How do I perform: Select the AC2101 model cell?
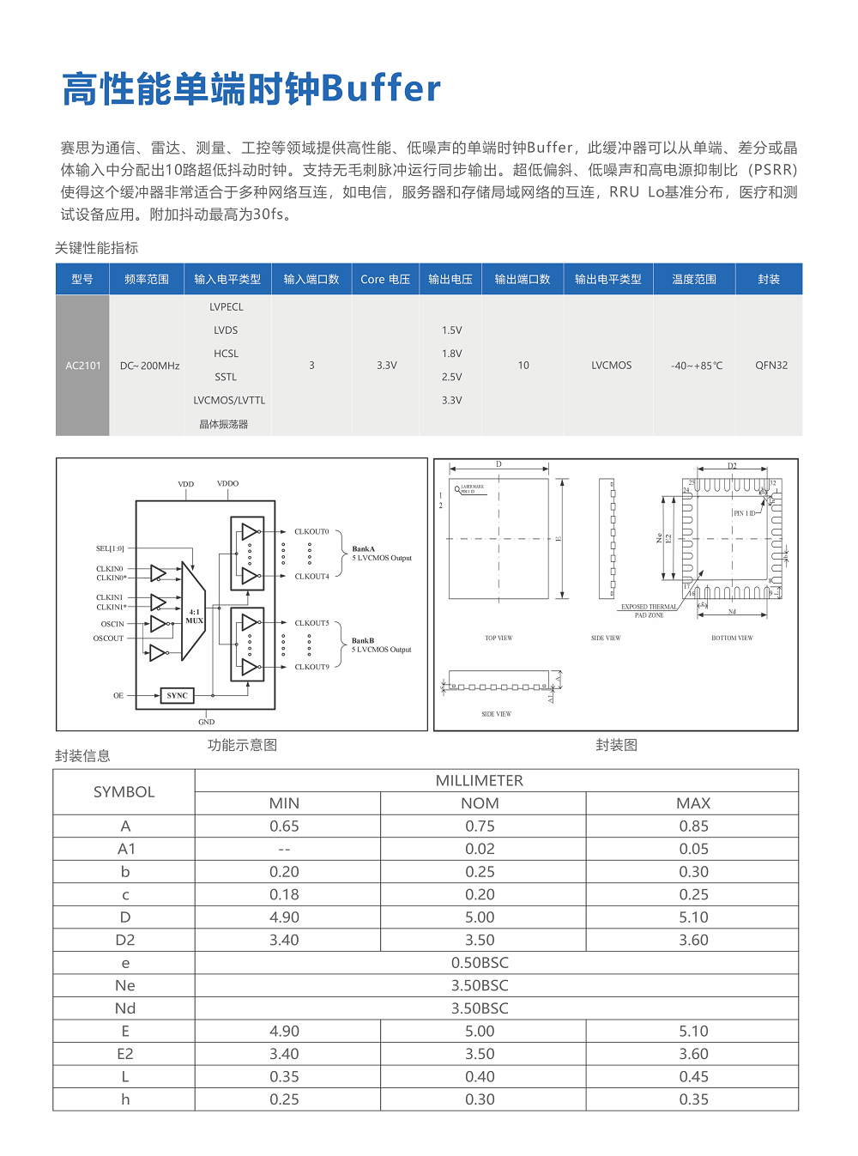click(83, 366)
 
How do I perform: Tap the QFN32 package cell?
click(770, 366)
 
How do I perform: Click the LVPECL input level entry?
click(227, 307)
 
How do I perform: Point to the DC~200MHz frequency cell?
click(149, 366)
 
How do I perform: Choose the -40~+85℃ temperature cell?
click(696, 366)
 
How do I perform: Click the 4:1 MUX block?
click(194, 616)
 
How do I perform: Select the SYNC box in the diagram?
click(177, 695)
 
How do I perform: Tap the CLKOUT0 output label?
click(311, 532)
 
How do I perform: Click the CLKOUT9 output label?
click(311, 667)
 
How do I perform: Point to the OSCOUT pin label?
click(109, 639)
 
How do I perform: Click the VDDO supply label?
click(227, 484)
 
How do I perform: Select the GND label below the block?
click(206, 722)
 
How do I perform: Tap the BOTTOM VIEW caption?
click(731, 639)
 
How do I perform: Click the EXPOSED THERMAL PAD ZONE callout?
click(649, 611)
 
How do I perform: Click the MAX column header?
click(692, 803)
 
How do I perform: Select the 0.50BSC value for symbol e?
click(480, 963)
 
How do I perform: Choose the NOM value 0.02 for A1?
click(480, 849)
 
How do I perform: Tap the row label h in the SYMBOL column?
click(125, 1099)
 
